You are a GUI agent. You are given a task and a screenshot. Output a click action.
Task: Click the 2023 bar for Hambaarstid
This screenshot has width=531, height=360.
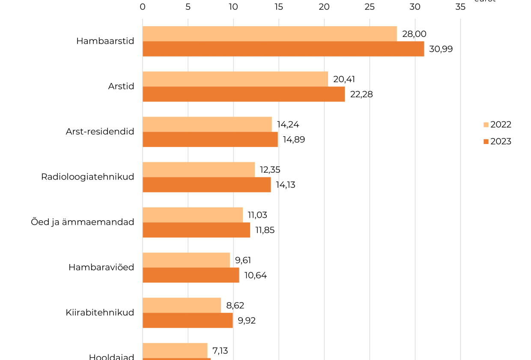click(283, 49)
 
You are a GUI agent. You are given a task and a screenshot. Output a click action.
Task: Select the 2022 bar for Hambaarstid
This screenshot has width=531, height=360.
click(269, 34)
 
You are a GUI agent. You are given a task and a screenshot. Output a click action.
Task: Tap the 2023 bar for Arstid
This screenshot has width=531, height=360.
click(243, 94)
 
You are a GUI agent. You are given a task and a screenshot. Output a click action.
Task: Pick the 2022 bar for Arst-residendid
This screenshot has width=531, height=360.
click(207, 124)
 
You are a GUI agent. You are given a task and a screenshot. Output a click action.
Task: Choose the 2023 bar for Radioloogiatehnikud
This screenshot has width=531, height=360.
click(206, 185)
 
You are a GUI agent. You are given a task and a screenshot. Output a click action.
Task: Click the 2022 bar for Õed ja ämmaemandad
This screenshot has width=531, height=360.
click(192, 215)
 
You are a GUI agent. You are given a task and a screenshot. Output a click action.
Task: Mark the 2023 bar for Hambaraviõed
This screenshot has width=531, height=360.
click(191, 275)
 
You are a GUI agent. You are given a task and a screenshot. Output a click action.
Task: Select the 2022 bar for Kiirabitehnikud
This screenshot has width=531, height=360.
click(182, 305)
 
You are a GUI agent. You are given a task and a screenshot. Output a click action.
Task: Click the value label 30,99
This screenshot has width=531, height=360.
click(441, 49)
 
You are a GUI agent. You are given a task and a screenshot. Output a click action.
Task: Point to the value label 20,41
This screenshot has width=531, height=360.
click(344, 79)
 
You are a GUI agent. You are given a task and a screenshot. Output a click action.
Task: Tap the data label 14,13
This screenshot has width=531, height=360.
click(285, 185)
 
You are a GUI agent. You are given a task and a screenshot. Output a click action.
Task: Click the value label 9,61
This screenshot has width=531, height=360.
click(243, 260)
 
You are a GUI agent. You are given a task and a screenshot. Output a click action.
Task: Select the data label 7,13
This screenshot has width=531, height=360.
click(220, 351)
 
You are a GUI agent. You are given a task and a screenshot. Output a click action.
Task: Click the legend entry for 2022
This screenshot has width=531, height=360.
click(497, 125)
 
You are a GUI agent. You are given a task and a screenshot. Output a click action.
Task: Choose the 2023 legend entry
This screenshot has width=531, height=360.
click(497, 141)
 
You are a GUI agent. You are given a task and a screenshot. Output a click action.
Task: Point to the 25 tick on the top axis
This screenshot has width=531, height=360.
click(369, 7)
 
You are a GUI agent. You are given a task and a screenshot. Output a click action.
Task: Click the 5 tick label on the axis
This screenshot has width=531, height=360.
click(188, 7)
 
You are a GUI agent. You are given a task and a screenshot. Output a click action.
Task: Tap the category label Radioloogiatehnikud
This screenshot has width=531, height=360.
click(87, 177)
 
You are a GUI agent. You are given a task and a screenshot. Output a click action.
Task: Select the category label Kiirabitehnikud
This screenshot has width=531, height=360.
click(100, 312)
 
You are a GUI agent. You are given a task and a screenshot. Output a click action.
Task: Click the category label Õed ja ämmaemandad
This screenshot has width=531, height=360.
click(82, 222)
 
